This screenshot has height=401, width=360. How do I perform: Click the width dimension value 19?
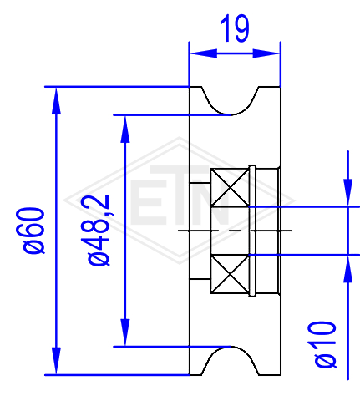coord(235,28)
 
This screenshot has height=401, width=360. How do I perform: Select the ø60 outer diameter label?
coord(33,231)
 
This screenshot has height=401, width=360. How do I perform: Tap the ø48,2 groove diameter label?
coord(99,231)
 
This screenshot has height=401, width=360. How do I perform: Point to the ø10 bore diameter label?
coord(325,344)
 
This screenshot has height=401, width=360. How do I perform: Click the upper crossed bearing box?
coord(230,187)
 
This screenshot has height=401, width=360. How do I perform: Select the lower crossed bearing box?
coord(230,274)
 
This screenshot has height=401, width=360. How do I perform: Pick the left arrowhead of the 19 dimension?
coord(203,53)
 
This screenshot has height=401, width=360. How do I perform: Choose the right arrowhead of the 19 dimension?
coord(266,53)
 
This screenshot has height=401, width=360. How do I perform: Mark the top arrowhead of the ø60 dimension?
coord(56,101)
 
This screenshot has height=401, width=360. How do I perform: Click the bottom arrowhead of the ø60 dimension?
coord(56,361)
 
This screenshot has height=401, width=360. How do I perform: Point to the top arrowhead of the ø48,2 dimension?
coord(125,129)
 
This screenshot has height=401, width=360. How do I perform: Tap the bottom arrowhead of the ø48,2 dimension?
coord(125,332)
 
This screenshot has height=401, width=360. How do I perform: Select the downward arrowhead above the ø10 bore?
coord(347,193)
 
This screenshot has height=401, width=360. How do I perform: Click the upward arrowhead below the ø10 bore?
coord(347,269)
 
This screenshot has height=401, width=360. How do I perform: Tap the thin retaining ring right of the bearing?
coord(252,231)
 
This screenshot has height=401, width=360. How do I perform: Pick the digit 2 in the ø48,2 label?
coord(99,202)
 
